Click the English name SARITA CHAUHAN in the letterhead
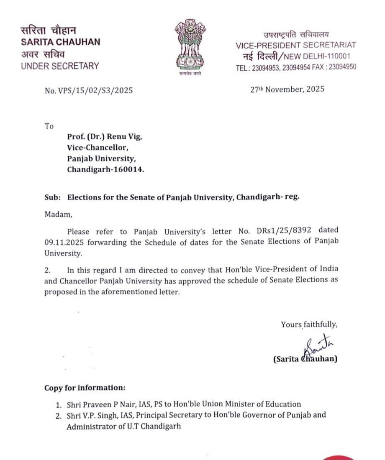pyautogui.click(x=60, y=42)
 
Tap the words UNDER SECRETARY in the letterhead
pyautogui.click(x=60, y=66)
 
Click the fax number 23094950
pyautogui.click(x=342, y=66)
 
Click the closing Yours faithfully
pyautogui.click(x=309, y=324)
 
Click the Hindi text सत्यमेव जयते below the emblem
pyautogui.click(x=190, y=74)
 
